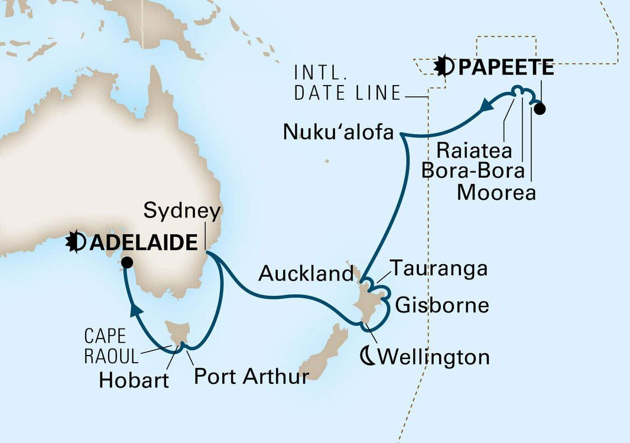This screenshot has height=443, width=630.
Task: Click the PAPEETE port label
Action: click(x=506, y=68)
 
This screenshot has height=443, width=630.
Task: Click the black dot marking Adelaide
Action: click(x=126, y=264)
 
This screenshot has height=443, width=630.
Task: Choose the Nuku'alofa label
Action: click(x=338, y=132)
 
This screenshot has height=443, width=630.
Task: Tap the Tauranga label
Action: click(x=441, y=269)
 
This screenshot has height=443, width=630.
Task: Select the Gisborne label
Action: click(x=442, y=305)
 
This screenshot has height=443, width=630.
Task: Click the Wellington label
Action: click(x=434, y=357)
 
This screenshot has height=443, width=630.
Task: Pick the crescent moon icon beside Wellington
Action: click(x=368, y=356)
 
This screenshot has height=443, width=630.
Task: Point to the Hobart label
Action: click(x=134, y=380)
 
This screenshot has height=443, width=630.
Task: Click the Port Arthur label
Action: click(x=251, y=376)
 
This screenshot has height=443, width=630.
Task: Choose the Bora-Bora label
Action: click(x=473, y=171)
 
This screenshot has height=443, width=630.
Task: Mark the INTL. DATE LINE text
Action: click(x=348, y=83)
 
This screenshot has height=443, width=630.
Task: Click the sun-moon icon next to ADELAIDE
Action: click(x=76, y=242)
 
